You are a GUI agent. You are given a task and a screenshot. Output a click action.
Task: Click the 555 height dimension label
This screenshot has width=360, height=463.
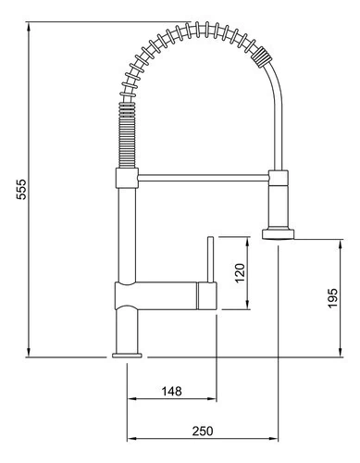tap(21, 190)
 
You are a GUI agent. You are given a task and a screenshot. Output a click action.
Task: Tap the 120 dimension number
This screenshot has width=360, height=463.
tap(240, 272)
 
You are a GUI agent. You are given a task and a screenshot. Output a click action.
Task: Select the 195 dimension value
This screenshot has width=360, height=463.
tap(332, 298)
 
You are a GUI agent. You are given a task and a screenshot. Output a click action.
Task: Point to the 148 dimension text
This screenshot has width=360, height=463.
tap(172, 392)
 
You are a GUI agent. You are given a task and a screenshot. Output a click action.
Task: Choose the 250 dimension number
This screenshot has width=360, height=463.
tap(203, 432)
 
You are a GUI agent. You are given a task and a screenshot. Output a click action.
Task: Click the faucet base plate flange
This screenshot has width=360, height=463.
tap(127, 356)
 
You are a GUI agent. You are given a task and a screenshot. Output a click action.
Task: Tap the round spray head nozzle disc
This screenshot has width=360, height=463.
tap(279, 233)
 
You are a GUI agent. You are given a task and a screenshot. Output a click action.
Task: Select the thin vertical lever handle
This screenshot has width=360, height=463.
tap(210, 259)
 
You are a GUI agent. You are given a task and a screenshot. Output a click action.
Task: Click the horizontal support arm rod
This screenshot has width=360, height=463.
tap(204, 177)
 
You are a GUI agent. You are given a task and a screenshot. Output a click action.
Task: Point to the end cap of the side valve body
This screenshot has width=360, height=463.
tap(207, 295)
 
